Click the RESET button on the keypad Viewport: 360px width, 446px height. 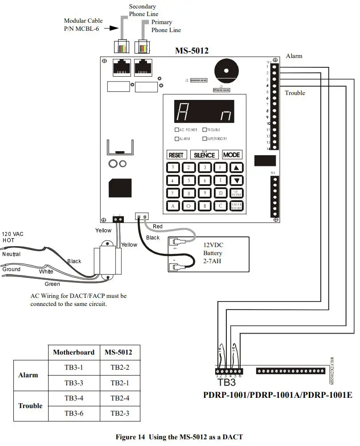click(176, 155)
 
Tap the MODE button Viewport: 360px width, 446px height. click(232, 155)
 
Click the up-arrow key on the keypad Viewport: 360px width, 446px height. click(237, 168)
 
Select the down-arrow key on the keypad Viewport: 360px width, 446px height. click(237, 181)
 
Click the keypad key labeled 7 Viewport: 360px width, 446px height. click(173, 193)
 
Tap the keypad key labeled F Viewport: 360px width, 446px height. click(220, 168)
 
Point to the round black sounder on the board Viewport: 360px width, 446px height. click(227, 70)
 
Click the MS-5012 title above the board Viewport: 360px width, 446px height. click(192, 51)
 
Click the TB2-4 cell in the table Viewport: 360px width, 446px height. click(120, 398)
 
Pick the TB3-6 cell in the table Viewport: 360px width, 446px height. click(74, 413)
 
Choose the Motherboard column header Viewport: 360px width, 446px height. click(74, 352)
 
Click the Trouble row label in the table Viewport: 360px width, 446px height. click(30, 406)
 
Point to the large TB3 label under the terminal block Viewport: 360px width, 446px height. click(226, 382)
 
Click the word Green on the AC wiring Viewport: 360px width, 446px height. click(52, 284)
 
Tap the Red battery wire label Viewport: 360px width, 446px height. click(158, 227)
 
